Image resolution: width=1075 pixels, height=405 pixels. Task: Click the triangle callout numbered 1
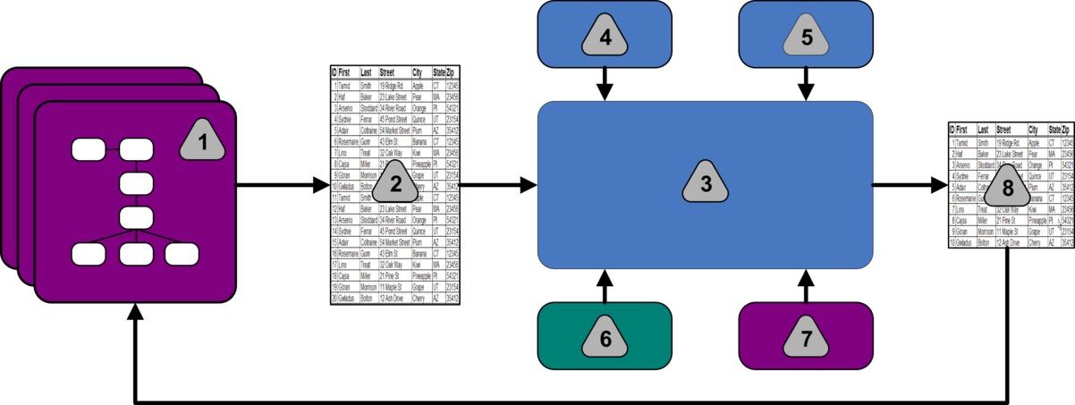(x=202, y=140)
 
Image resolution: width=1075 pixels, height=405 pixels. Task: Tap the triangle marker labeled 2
(x=392, y=185)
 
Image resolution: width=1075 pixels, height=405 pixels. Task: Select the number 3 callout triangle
(x=705, y=185)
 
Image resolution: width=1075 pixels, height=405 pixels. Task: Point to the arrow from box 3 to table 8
(x=909, y=186)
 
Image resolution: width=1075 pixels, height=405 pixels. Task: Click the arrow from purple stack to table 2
(x=283, y=186)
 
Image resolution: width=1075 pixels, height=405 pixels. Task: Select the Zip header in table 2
(x=453, y=72)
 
